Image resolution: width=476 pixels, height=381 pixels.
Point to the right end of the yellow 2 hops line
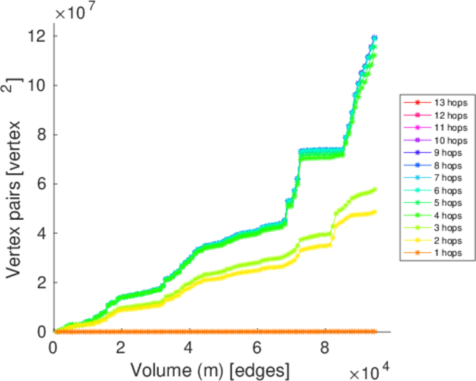coord(375,211)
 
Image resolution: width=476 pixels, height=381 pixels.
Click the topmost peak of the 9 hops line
coord(375,37)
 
